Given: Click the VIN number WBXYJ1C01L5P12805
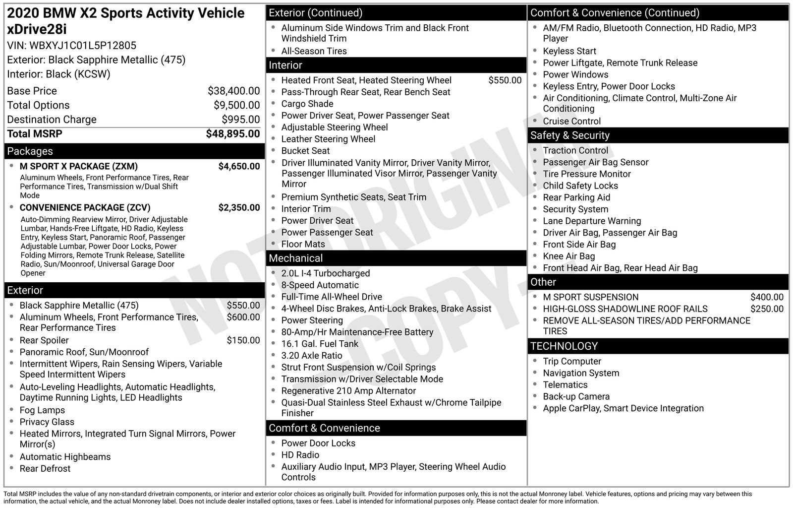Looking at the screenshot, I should click(83, 46).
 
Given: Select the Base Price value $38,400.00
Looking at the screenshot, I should click(233, 91).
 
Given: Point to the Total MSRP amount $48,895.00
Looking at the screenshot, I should click(232, 133).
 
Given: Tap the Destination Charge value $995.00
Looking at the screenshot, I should click(240, 120).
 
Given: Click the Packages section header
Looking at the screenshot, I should click(30, 151).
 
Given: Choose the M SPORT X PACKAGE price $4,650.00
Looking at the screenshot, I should click(239, 166).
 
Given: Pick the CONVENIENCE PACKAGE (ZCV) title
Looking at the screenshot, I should click(85, 207).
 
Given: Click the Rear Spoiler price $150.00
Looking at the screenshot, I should click(243, 340).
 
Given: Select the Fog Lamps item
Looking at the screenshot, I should click(42, 410).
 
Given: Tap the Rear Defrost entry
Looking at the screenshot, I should click(45, 468).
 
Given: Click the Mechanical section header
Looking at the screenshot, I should click(295, 258).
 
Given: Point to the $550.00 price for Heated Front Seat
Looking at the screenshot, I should click(505, 80).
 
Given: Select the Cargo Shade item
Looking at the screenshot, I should click(307, 104).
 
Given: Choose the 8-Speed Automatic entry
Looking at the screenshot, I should click(320, 285).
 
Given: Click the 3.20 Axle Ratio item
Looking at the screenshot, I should click(312, 355).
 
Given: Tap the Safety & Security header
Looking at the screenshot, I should click(570, 135).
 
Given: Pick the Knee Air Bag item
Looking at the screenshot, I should click(568, 256).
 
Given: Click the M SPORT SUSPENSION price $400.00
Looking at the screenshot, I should click(767, 297).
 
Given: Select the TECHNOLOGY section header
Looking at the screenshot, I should click(564, 346).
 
